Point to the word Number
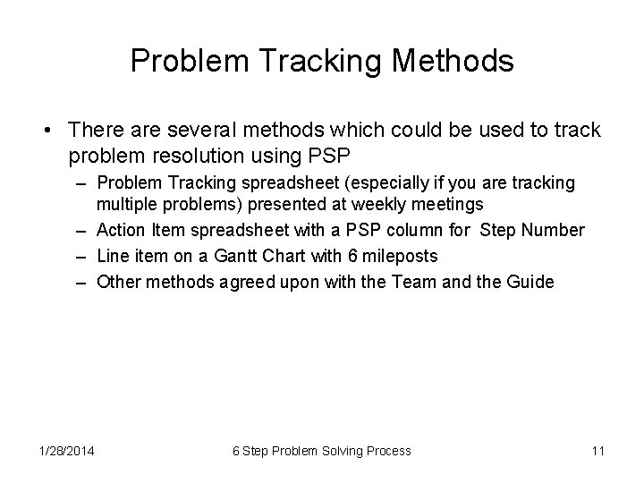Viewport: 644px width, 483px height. tap(550, 231)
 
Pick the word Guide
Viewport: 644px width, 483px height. tap(530, 283)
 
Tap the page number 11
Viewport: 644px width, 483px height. tap(597, 451)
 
